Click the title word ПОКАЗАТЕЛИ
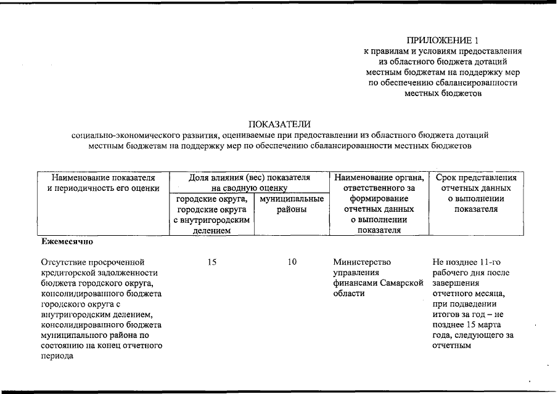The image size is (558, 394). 279,125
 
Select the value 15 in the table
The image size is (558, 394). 212,262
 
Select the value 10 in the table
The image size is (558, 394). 292,262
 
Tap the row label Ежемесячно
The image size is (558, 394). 67,242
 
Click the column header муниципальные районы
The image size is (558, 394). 292,205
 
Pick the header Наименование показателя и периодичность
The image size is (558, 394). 103,183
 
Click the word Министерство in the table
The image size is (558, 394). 361,262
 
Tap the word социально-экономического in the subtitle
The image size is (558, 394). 126,135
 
